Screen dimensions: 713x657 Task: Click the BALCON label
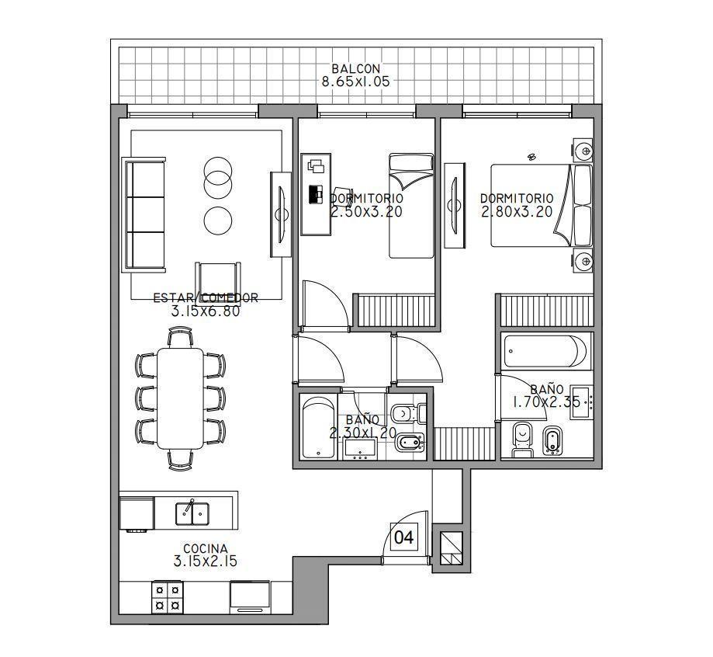click(355, 69)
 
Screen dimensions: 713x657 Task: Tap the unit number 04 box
click(403, 537)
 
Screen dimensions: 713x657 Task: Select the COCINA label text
click(205, 548)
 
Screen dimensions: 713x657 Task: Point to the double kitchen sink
click(192, 513)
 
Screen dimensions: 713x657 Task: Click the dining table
click(181, 398)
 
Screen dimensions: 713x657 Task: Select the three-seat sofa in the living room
click(144, 215)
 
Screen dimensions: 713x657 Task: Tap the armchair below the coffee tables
click(218, 276)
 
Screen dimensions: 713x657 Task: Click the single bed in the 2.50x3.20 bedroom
click(411, 206)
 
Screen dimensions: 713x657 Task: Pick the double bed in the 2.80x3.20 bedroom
click(542, 206)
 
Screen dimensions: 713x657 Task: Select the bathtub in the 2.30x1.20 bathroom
click(318, 427)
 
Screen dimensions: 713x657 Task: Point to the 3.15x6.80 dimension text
click(206, 311)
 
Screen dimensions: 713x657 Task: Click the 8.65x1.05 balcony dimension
click(355, 82)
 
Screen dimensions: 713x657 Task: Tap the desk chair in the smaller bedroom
click(342, 193)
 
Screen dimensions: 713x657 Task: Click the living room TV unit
click(281, 214)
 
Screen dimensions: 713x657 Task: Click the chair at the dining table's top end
click(181, 337)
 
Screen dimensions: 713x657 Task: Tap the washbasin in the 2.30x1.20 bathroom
click(360, 449)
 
